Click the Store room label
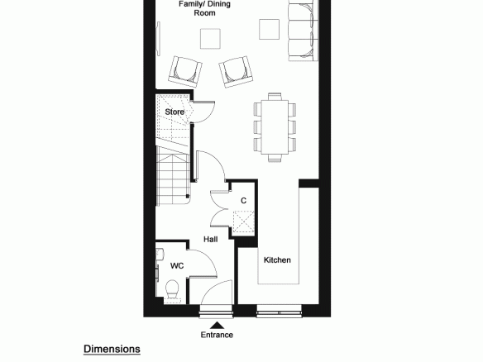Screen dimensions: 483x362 (x=175, y=112)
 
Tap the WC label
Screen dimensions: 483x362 (x=177, y=265)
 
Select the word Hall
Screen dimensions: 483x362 (x=211, y=239)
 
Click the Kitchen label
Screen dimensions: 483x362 (x=277, y=260)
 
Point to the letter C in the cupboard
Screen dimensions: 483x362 (x=243, y=201)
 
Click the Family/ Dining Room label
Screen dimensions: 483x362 (x=204, y=8)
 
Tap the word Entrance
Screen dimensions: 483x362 (x=217, y=335)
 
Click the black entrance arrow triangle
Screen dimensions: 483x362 (x=218, y=326)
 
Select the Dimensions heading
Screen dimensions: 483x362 (x=112, y=349)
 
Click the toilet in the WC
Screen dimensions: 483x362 (x=172, y=289)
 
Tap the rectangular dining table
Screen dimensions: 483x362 (x=275, y=126)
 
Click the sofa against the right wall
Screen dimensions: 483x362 (x=303, y=31)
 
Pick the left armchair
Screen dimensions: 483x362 (x=185, y=72)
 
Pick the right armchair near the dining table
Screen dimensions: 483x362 (x=236, y=72)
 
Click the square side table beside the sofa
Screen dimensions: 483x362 (x=270, y=29)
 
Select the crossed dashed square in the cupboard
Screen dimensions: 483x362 (x=243, y=221)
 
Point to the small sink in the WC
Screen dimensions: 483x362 (x=160, y=255)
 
